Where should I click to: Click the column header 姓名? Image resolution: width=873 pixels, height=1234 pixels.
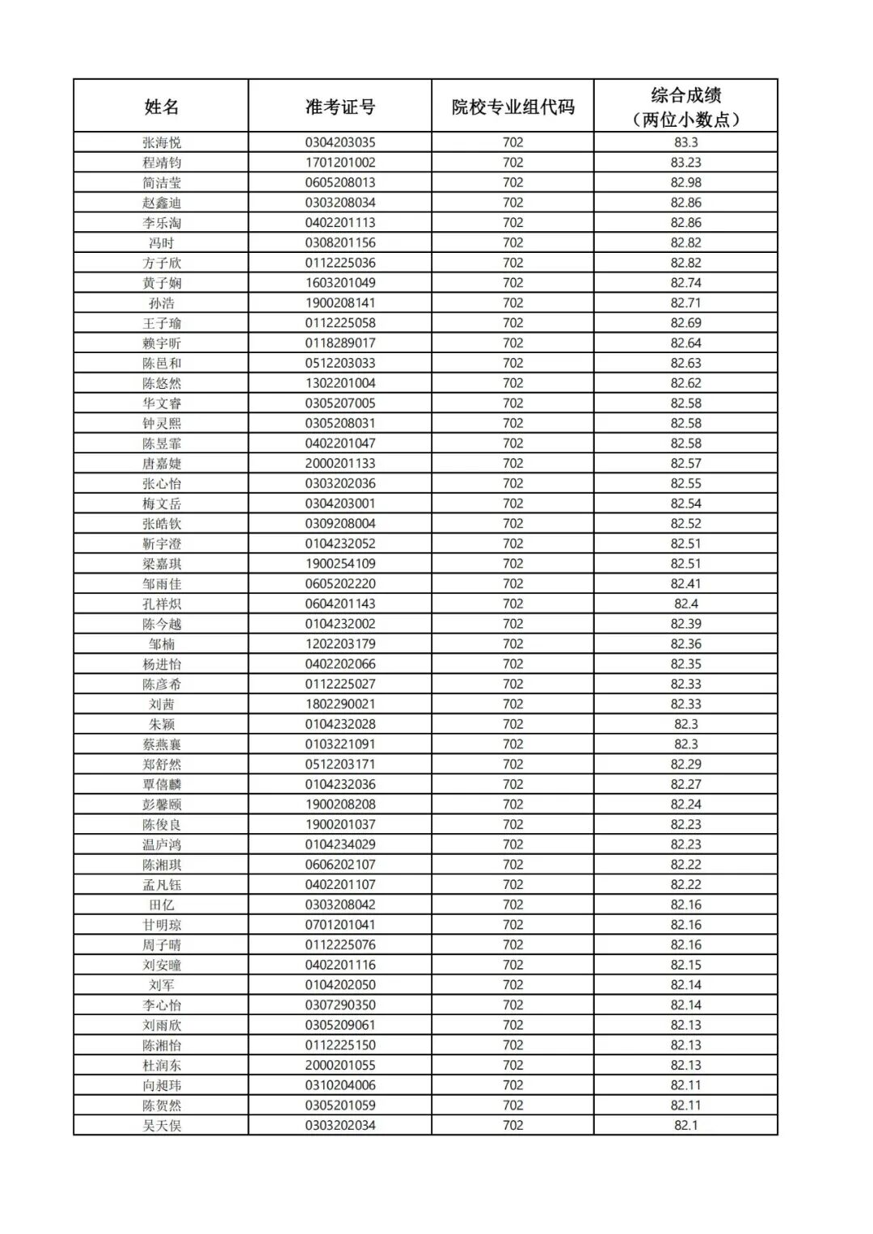coord(162,107)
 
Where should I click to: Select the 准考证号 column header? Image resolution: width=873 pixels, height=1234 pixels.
coord(340,107)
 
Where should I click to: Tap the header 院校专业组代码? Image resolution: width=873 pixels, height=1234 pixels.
coord(513,107)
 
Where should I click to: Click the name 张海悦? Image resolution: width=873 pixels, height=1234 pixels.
coord(162,142)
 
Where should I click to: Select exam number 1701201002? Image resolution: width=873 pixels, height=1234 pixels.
coord(340,162)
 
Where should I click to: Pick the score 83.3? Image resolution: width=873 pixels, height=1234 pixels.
coord(685,142)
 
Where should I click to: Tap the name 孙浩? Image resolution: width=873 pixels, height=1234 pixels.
coord(162,303)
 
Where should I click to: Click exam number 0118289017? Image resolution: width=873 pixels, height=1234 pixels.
coord(340,343)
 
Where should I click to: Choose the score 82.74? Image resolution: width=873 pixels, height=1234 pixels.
coord(685,283)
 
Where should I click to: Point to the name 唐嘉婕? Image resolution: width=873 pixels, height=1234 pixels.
coord(162,463)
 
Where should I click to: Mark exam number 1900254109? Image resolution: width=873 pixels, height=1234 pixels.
coord(340,563)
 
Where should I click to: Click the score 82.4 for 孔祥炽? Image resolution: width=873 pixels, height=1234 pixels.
coord(685,604)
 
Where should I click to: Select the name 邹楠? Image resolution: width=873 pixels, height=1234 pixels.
coord(162,644)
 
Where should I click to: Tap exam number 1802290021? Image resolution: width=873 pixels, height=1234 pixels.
coord(340,704)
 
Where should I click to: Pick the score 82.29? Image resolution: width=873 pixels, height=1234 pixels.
coord(685,764)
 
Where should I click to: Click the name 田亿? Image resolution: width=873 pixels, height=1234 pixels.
coord(162,904)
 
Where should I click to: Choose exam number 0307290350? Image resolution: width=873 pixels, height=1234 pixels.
coord(340,1004)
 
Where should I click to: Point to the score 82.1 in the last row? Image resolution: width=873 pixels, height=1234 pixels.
coord(685,1125)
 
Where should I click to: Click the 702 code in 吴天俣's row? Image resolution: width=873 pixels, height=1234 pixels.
coord(513,1125)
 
